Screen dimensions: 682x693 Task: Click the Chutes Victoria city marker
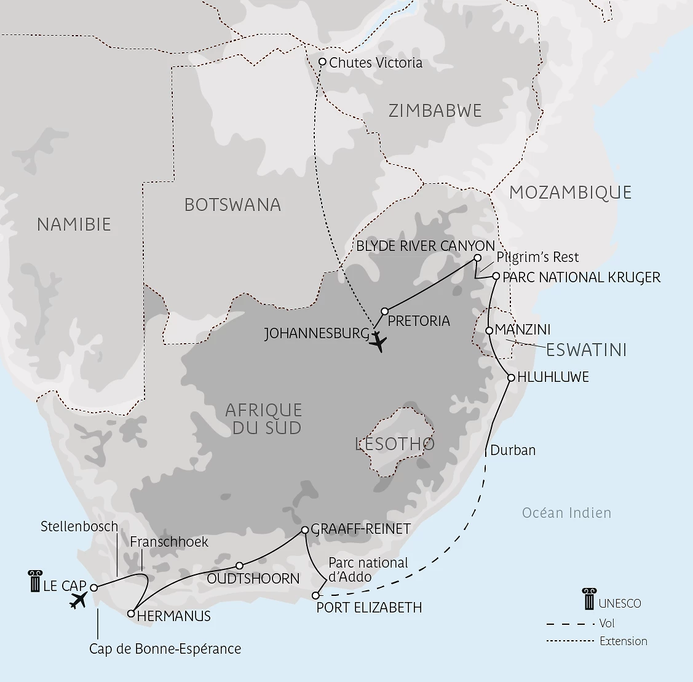[322, 62]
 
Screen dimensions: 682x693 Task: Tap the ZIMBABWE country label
[435, 111]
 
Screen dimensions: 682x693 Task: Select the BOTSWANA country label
[232, 205]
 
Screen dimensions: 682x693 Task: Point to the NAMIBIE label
[74, 224]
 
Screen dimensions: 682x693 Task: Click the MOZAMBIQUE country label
[570, 192]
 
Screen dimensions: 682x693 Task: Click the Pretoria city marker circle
[385, 311]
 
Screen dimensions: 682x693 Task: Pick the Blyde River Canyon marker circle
[477, 258]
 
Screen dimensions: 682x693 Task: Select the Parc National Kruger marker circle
[496, 276]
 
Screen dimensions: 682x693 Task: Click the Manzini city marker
[489, 330]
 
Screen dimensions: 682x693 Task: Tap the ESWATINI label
[586, 350]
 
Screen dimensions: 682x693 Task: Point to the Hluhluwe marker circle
[510, 378]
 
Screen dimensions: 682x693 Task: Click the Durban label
[513, 450]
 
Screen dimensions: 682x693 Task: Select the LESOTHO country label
[395, 443]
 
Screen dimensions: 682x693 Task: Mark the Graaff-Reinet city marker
[305, 529]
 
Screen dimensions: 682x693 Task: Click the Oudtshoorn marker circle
[240, 566]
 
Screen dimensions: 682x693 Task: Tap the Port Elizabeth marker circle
[316, 595]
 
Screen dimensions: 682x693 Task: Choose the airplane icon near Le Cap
[79, 600]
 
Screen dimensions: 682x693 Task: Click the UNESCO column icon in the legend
[588, 598]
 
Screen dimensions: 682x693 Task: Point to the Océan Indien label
[566, 513]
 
